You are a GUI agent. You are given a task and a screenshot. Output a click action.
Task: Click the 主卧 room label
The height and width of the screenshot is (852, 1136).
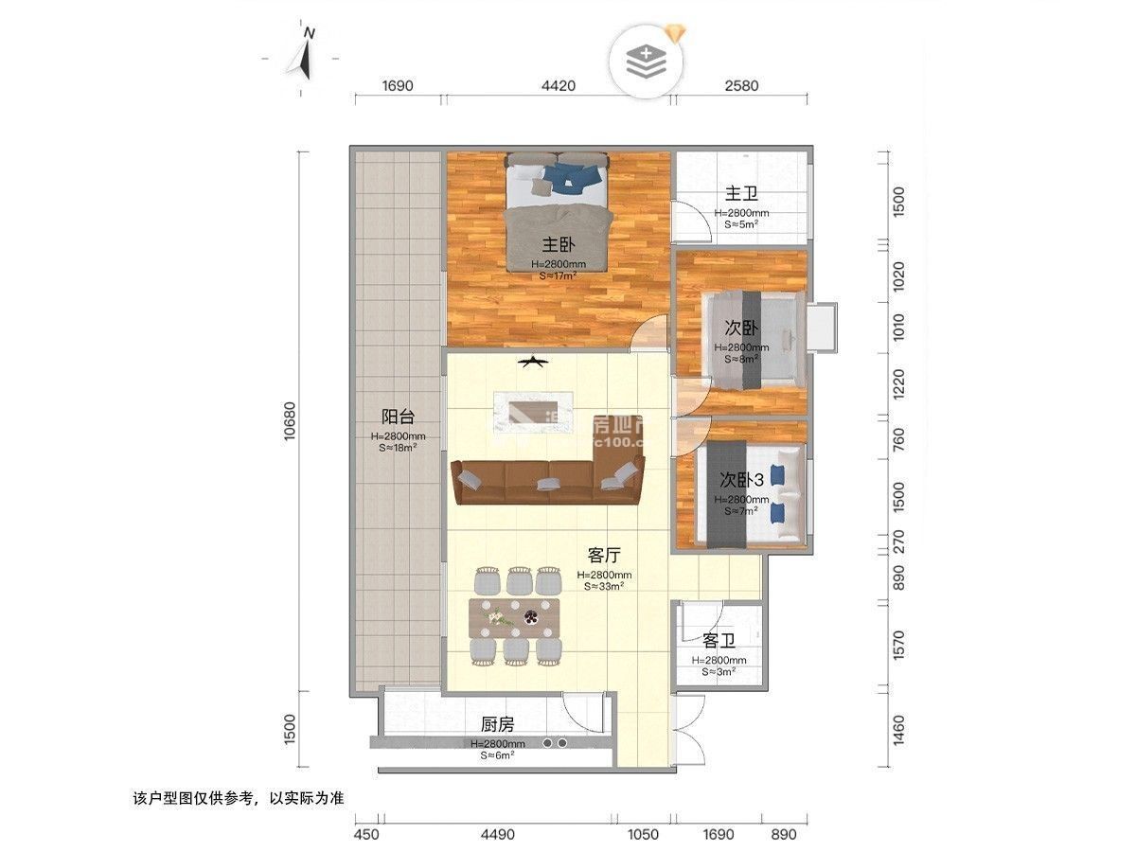(554, 242)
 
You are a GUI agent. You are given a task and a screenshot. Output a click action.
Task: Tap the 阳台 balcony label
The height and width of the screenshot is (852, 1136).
(398, 417)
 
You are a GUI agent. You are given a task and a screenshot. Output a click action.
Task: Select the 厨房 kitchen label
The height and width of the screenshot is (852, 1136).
(497, 725)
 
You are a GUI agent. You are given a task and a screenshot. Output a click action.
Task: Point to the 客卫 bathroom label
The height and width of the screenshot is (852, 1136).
(719, 641)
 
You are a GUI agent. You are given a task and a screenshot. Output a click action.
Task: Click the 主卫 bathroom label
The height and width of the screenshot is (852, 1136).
(741, 194)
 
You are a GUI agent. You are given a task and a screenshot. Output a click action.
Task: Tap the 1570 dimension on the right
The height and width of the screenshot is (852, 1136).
(899, 646)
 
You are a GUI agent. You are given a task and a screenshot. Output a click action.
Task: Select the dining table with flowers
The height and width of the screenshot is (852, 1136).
(516, 617)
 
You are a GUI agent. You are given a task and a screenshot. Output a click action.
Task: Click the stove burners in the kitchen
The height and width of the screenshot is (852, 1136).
(555, 744)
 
